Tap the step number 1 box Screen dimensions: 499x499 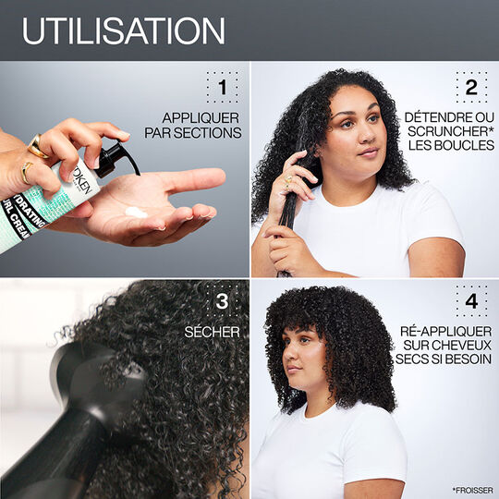(221, 87)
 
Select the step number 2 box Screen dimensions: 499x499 (470, 87)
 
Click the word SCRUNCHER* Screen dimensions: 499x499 (447, 133)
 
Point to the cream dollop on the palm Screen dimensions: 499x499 (136, 213)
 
